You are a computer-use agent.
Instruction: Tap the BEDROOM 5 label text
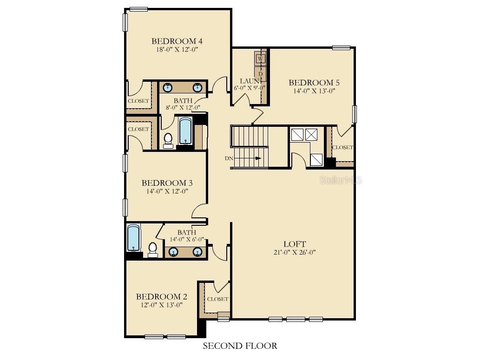314,83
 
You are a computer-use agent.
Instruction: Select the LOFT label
295,244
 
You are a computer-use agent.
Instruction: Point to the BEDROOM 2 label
161,296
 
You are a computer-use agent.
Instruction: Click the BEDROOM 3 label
167,183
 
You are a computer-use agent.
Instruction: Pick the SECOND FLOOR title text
240,346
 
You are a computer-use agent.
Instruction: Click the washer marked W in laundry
260,59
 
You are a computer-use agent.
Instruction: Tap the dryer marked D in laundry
260,73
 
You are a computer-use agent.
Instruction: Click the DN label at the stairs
229,158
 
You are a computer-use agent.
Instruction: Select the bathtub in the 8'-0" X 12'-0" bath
185,131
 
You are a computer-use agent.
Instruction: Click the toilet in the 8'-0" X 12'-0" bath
168,139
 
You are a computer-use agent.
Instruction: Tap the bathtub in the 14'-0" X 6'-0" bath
133,237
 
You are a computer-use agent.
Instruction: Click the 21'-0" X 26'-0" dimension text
295,253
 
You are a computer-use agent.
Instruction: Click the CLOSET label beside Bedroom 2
217,299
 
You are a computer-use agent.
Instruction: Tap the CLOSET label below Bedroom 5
342,147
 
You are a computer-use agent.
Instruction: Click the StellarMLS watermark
341,180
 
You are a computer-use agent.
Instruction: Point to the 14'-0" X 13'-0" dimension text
314,91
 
